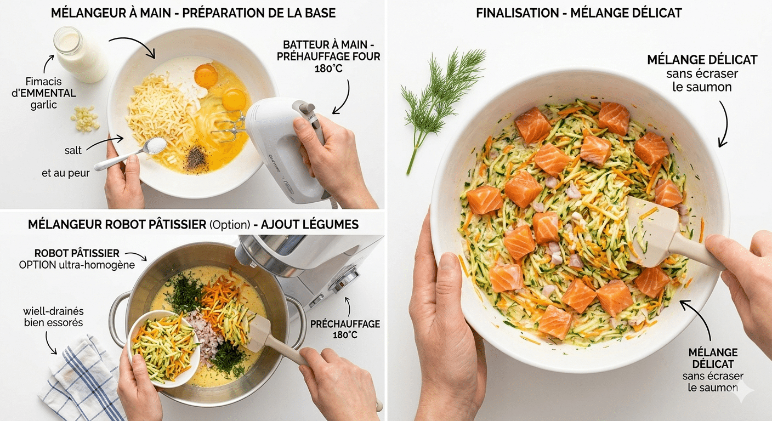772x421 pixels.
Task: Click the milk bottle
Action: pyautogui.click(x=80, y=54)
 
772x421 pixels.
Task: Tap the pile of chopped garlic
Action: pyautogui.click(x=85, y=119)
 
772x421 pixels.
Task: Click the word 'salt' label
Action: pyautogui.click(x=73, y=151)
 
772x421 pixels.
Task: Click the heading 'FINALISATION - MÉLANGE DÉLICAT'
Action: pyautogui.click(x=578, y=13)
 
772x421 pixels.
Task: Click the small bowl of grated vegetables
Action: pyautogui.click(x=164, y=349)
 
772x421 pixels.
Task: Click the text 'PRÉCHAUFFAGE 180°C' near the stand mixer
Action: pyautogui.click(x=345, y=329)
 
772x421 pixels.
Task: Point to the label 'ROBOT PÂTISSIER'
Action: pyautogui.click(x=77, y=254)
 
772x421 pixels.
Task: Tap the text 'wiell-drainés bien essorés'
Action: pyautogui.click(x=53, y=317)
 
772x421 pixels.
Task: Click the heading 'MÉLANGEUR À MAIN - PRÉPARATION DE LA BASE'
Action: pyautogui.click(x=194, y=13)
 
